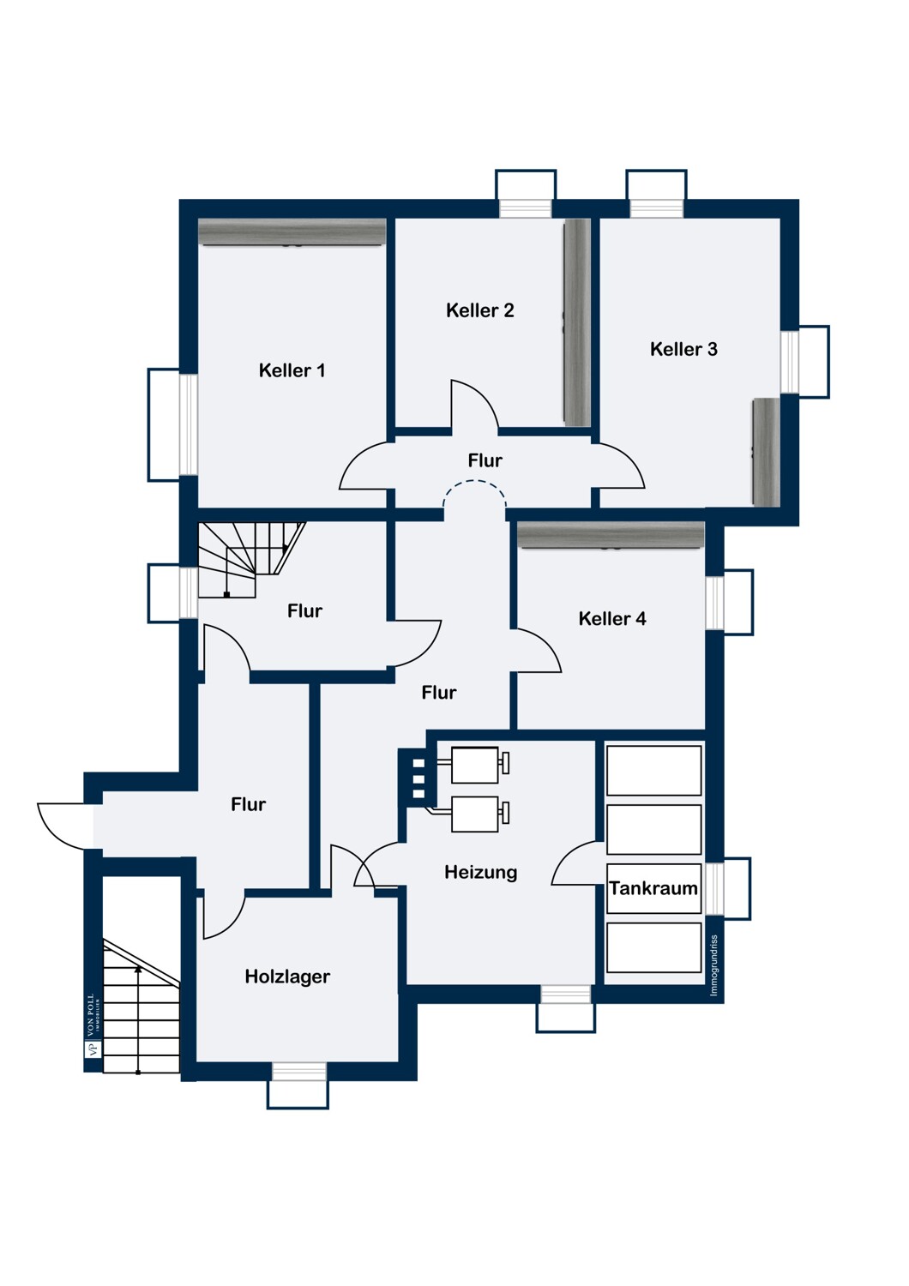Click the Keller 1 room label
(292, 370)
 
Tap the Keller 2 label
(479, 310)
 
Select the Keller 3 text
(683, 348)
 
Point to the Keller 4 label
(612, 618)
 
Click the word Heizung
(480, 873)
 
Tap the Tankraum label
(653, 889)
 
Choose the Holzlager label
(287, 977)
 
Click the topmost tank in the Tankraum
(654, 771)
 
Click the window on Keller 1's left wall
(173, 424)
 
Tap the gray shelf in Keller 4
(611, 535)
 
